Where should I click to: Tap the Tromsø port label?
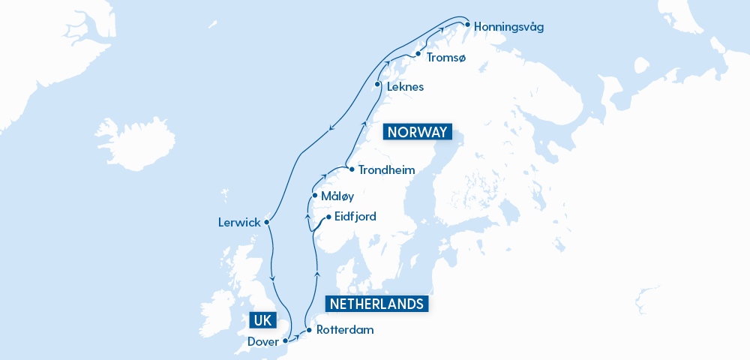point(445,57)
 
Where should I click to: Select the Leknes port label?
point(405,87)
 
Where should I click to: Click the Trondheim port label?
point(386,170)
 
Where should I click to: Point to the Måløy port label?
point(337,196)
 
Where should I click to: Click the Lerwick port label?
point(238,223)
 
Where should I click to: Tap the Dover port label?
point(263,342)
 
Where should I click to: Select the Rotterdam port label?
point(344,330)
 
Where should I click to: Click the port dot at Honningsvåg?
point(467,25)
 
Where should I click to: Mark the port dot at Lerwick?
point(267,221)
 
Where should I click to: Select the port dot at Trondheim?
point(352,169)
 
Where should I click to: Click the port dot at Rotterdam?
point(309,329)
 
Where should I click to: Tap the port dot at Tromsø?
point(418,54)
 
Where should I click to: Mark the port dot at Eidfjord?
point(328,217)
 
